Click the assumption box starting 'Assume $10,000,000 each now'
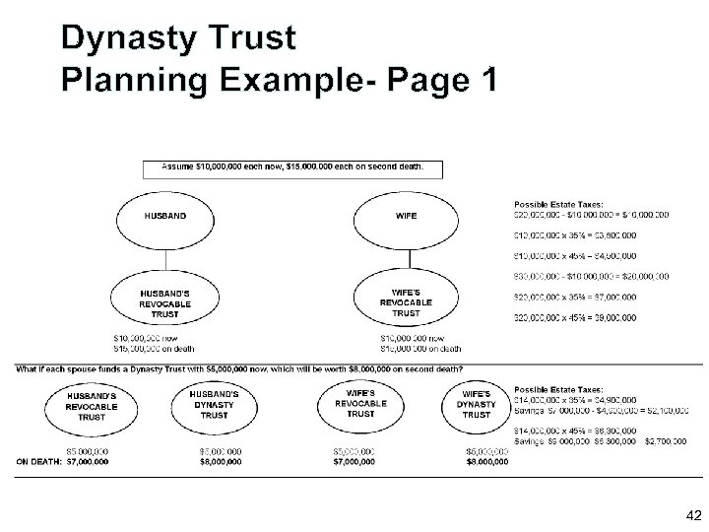292,167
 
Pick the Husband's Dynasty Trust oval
214,406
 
